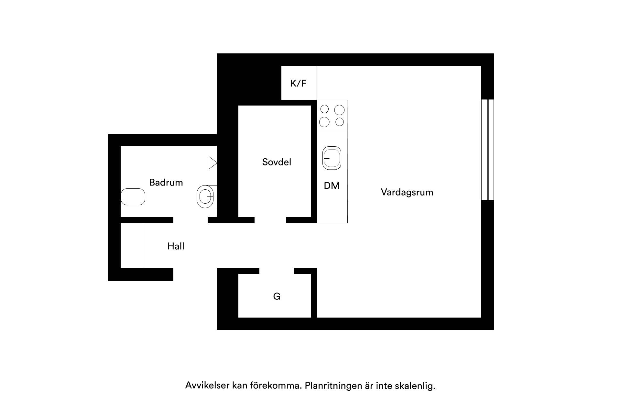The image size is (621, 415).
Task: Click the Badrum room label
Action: pyautogui.click(x=166, y=182)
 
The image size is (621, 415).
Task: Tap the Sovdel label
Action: pyautogui.click(x=277, y=162)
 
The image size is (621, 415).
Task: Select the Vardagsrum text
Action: pyautogui.click(x=407, y=192)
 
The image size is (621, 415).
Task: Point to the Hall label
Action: pyautogui.click(x=176, y=246)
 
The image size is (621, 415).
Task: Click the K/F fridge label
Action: pyautogui.click(x=298, y=83)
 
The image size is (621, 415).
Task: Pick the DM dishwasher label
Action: pyautogui.click(x=332, y=185)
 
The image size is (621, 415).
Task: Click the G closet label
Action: pyautogui.click(x=277, y=296)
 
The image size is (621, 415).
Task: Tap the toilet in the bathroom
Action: pyautogui.click(x=133, y=197)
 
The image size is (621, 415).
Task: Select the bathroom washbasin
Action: pyautogui.click(x=205, y=196)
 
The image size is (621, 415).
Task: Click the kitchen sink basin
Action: pyautogui.click(x=332, y=158)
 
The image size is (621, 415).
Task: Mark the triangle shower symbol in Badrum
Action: pyautogui.click(x=213, y=163)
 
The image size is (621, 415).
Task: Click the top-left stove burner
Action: pyautogui.click(x=324, y=109)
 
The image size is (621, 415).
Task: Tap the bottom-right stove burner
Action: pyautogui.click(x=340, y=122)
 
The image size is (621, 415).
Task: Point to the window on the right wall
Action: pyautogui.click(x=487, y=150)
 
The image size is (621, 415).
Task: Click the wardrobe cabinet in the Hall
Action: pyautogui.click(x=132, y=245)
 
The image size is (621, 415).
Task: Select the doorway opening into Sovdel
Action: pyautogui.click(x=270, y=220)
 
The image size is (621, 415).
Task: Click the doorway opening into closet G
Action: pyautogui.click(x=277, y=271)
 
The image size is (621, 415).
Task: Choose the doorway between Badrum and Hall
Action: pyautogui.click(x=190, y=220)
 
